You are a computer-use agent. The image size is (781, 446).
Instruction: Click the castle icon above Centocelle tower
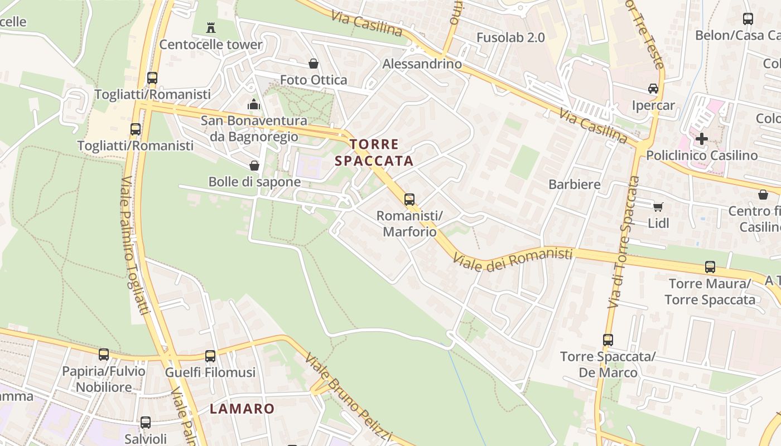pos(211,27)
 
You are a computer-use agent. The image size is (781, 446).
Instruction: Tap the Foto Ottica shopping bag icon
pos(314,64)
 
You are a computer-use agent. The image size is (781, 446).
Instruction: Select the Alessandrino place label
pos(422,64)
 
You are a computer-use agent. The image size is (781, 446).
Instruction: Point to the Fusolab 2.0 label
pos(510,38)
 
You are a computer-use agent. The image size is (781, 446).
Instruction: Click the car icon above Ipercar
pos(653,89)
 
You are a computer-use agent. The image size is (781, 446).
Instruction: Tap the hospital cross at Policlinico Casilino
pos(702,138)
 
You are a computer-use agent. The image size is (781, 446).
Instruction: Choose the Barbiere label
pos(575,185)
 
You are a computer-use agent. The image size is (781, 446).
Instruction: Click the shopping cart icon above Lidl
pos(658,207)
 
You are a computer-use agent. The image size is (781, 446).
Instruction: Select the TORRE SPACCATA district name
pos(374,153)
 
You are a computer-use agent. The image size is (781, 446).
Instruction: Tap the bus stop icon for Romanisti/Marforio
pos(409,199)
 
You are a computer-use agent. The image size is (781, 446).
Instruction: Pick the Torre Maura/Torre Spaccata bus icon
pos(710,267)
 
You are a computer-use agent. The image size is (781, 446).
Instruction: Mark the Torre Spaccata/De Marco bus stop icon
pos(608,340)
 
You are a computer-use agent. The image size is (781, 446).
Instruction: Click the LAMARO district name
pos(242,409)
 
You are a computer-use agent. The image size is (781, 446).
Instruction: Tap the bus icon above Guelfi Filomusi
pos(210,356)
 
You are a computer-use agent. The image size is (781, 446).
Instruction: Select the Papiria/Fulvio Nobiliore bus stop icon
pos(104,355)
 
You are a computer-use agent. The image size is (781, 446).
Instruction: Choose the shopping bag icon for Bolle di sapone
pos(254,166)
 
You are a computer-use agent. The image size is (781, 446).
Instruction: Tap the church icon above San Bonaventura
pos(254,104)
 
